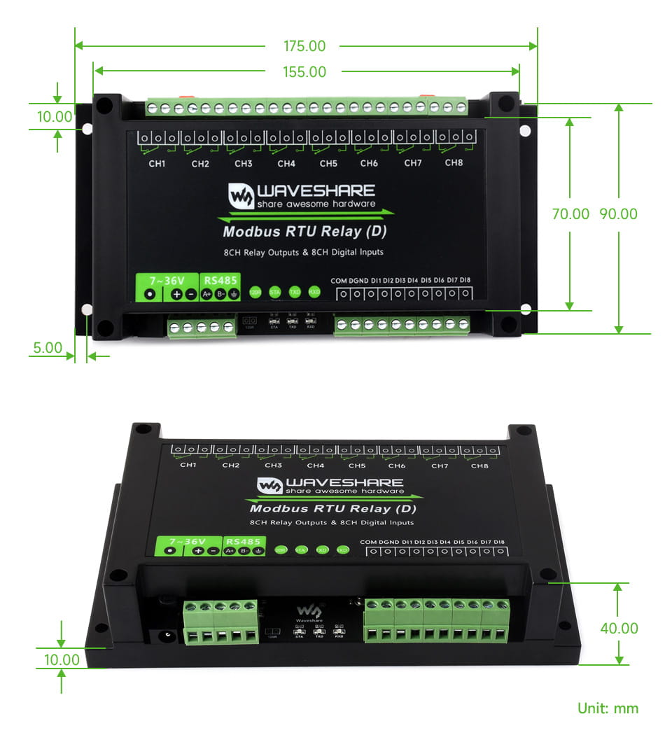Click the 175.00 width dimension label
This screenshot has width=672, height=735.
[x=304, y=46]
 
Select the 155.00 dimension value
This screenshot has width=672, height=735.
[x=304, y=71]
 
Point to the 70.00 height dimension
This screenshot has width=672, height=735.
[x=570, y=214]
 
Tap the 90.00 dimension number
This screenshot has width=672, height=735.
[x=619, y=214]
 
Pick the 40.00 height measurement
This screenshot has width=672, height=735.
[x=619, y=629]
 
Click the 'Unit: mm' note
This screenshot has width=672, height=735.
[x=608, y=708]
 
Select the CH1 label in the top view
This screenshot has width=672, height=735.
[x=157, y=164]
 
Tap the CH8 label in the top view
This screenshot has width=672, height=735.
[x=454, y=163]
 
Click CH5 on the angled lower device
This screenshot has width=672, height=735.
[x=357, y=465]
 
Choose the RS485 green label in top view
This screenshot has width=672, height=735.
[x=220, y=279]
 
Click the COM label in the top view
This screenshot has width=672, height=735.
[x=339, y=280]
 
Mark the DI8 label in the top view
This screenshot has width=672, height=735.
[x=465, y=280]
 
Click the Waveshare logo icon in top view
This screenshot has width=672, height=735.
[x=241, y=196]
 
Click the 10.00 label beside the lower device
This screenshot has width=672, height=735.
[x=62, y=659]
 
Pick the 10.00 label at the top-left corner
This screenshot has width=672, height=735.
[x=55, y=117]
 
